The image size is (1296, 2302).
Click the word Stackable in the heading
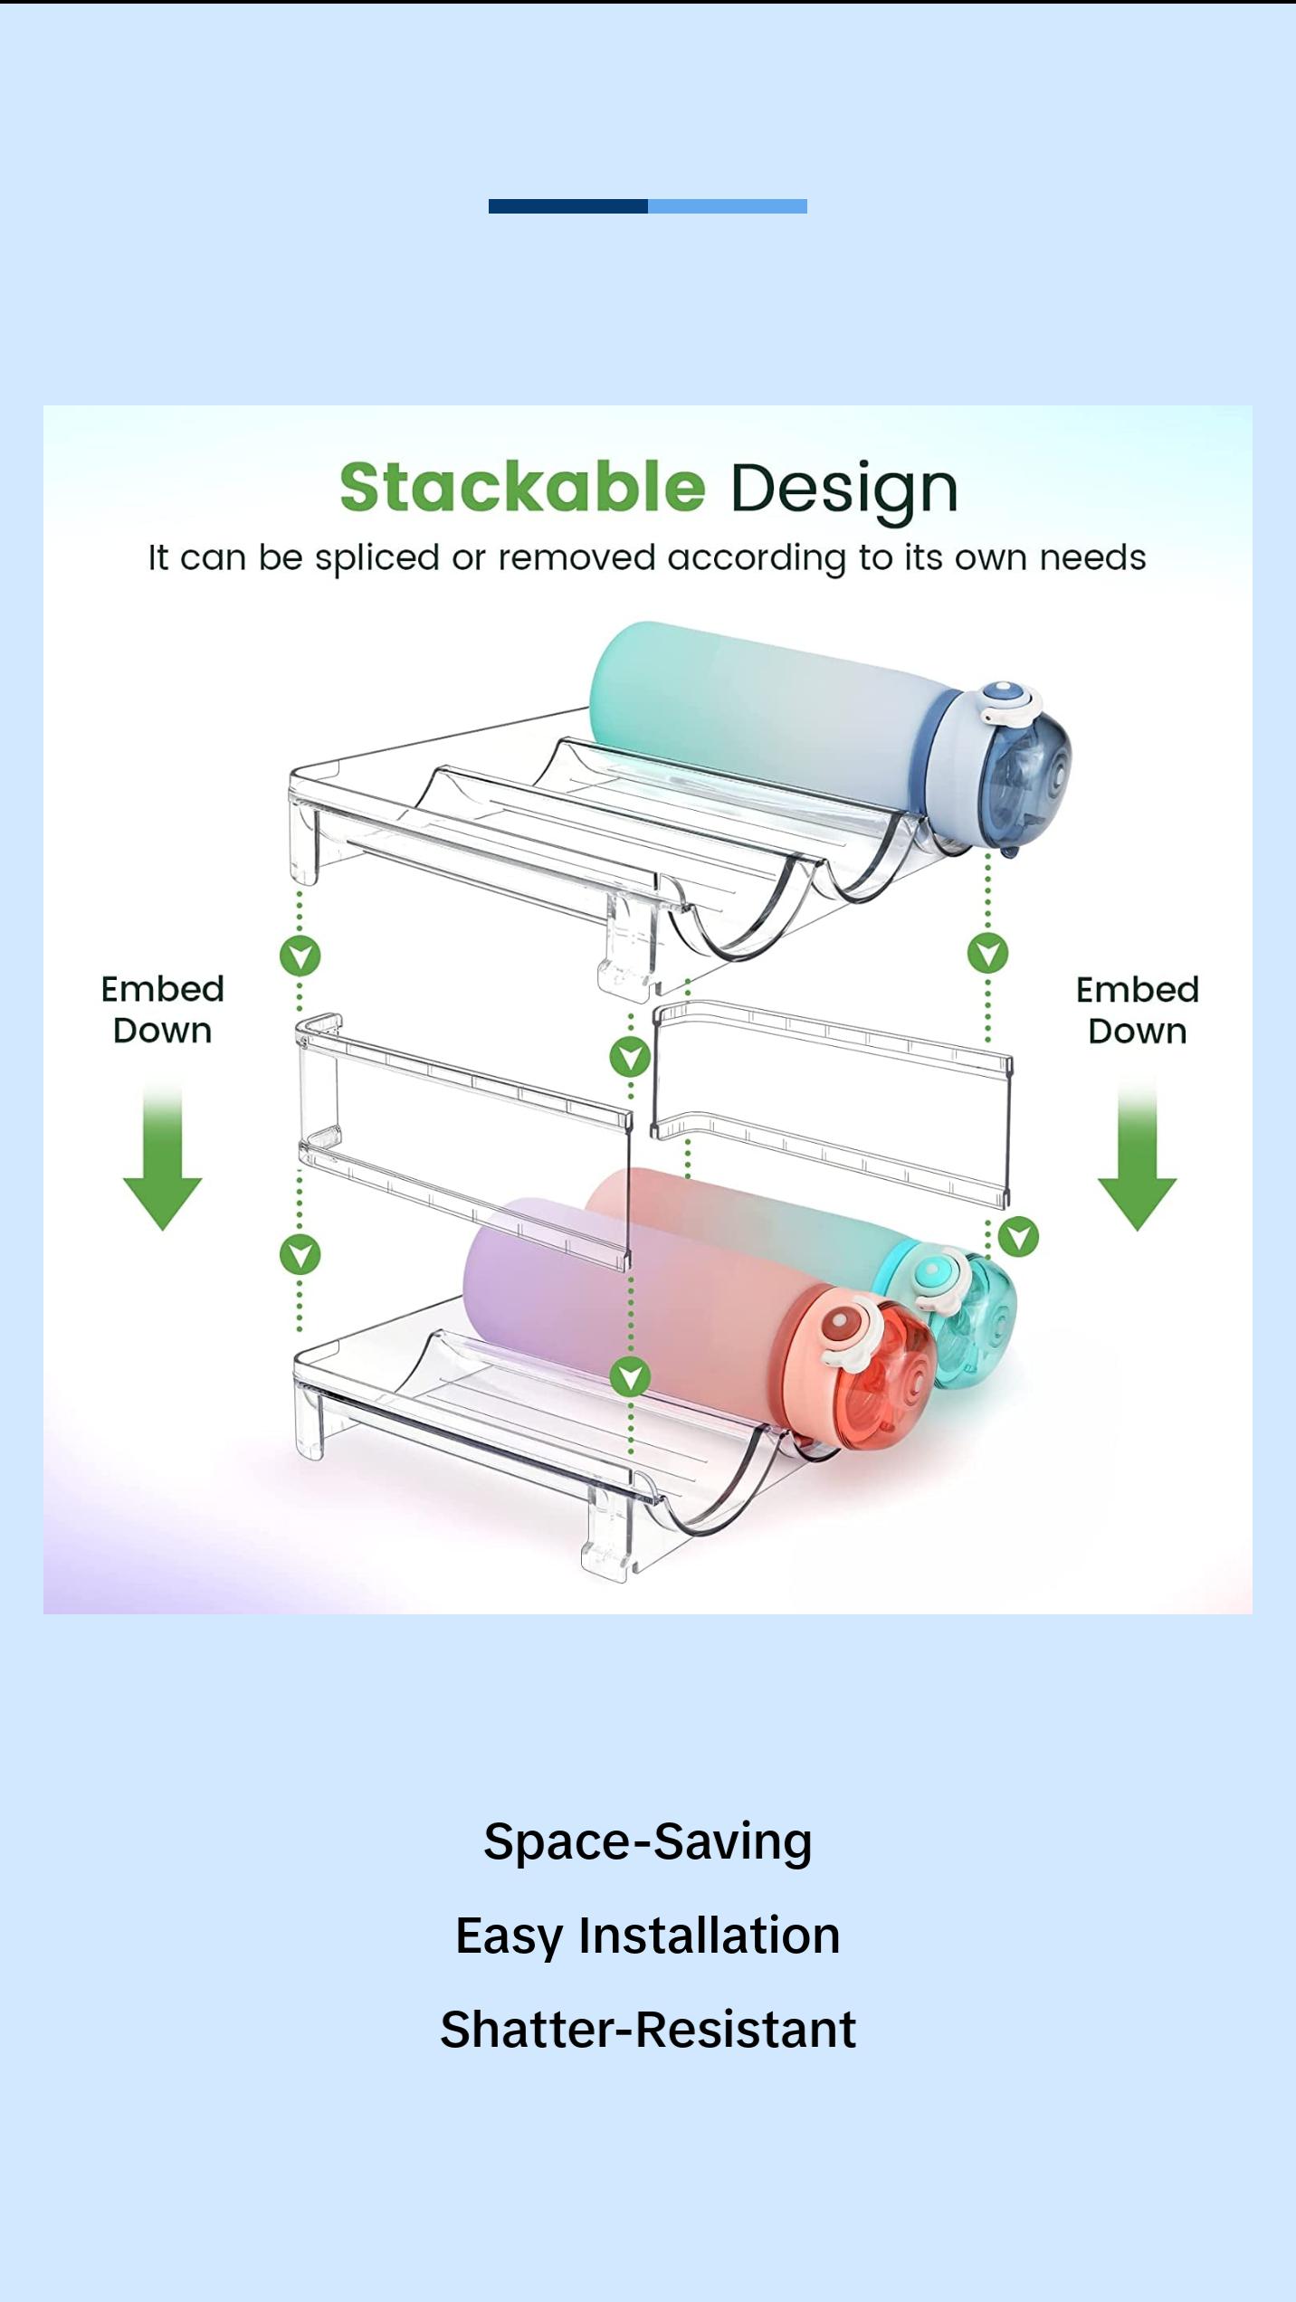[522, 487]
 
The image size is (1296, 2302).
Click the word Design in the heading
[843, 490]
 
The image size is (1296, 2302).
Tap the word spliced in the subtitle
[376, 558]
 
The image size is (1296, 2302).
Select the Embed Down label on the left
[162, 1010]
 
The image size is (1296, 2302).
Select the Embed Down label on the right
[1137, 1011]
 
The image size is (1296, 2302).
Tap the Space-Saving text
[648, 1841]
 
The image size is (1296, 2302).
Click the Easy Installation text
[648, 1935]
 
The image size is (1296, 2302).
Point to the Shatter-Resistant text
[648, 2029]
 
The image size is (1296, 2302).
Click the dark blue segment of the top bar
[567, 206]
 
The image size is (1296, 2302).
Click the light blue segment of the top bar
[727, 206]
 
